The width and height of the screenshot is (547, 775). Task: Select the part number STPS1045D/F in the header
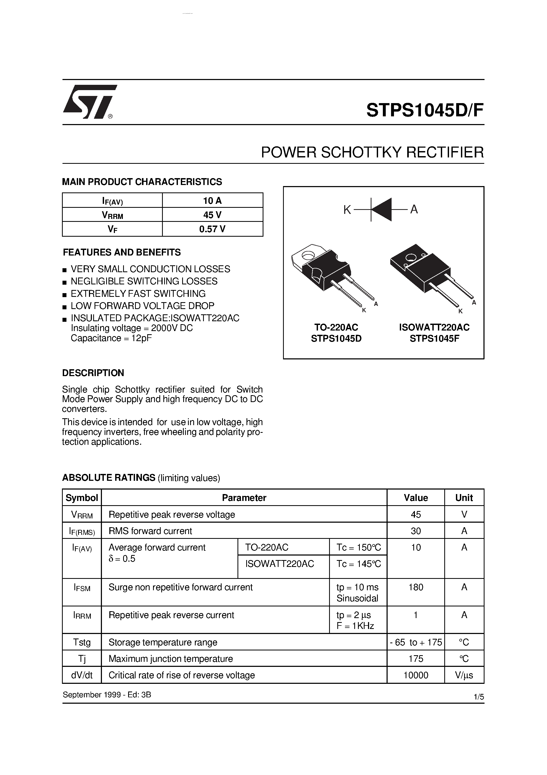[425, 110]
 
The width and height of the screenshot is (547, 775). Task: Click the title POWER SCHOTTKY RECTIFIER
[372, 153]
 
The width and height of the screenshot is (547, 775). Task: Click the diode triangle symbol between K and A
[382, 210]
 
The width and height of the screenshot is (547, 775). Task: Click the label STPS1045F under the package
[434, 338]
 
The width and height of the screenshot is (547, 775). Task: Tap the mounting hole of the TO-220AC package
[308, 255]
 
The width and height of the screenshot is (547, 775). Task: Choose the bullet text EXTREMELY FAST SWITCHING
[138, 294]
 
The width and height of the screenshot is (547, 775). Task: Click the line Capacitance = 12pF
[111, 338]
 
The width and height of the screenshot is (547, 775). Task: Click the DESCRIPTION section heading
[93, 373]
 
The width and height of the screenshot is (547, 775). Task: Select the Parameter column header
[244, 498]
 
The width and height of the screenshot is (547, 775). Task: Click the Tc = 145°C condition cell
[358, 564]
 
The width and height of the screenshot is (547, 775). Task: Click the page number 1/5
[478, 697]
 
